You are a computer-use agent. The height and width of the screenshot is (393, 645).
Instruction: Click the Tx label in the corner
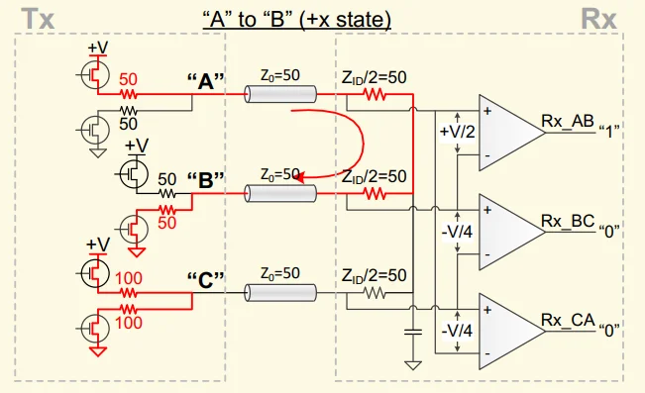pyautogui.click(x=38, y=19)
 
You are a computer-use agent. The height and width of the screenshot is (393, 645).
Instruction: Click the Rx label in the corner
pyautogui.click(x=598, y=19)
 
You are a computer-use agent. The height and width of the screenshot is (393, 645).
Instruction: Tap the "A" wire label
pyautogui.click(x=206, y=81)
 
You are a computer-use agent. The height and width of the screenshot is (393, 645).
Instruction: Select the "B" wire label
pyautogui.click(x=206, y=180)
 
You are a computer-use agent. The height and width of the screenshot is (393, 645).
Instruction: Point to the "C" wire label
pyautogui.click(x=206, y=280)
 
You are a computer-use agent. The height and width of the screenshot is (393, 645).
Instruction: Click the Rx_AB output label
pyautogui.click(x=568, y=121)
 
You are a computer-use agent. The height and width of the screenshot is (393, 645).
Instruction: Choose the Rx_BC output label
pyautogui.click(x=568, y=221)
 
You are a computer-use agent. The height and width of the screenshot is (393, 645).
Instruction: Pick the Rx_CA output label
pyautogui.click(x=568, y=320)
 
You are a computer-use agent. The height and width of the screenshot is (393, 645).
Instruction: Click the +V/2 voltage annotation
pyautogui.click(x=458, y=132)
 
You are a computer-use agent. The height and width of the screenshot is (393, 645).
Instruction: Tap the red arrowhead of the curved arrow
pyautogui.click(x=299, y=177)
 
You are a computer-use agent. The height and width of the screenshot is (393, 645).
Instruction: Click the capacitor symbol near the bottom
pyautogui.click(x=413, y=332)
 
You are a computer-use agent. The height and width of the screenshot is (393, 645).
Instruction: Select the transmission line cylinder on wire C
pyautogui.click(x=280, y=293)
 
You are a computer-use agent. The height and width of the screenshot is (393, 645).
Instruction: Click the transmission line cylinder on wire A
pyautogui.click(x=280, y=94)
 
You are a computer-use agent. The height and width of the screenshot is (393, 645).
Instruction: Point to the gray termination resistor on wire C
pyautogui.click(x=375, y=293)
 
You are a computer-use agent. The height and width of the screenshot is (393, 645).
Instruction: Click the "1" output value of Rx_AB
pyautogui.click(x=608, y=133)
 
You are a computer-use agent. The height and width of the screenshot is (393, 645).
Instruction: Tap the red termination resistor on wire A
pyautogui.click(x=375, y=95)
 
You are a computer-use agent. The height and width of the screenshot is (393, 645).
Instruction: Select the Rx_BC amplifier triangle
pyautogui.click(x=511, y=232)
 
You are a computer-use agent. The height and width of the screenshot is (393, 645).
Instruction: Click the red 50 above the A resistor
pyautogui.click(x=129, y=79)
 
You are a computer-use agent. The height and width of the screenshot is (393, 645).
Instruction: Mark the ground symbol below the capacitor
pyautogui.click(x=413, y=365)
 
